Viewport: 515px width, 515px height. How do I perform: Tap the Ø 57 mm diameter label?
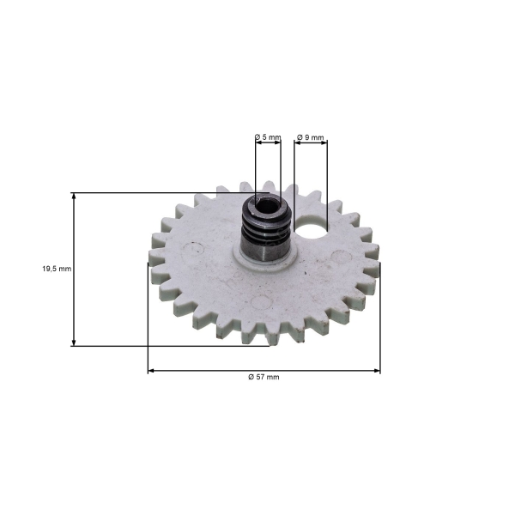(264, 378)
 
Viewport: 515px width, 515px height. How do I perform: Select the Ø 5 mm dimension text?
(268, 137)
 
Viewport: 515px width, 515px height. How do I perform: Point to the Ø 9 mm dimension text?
(310, 137)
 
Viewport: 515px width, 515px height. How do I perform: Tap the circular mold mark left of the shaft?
(197, 250)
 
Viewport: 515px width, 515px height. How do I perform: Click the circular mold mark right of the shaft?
(339, 255)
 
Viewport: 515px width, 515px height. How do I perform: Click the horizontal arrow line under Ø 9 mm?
(311, 144)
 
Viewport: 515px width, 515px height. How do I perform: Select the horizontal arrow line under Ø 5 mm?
(268, 144)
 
